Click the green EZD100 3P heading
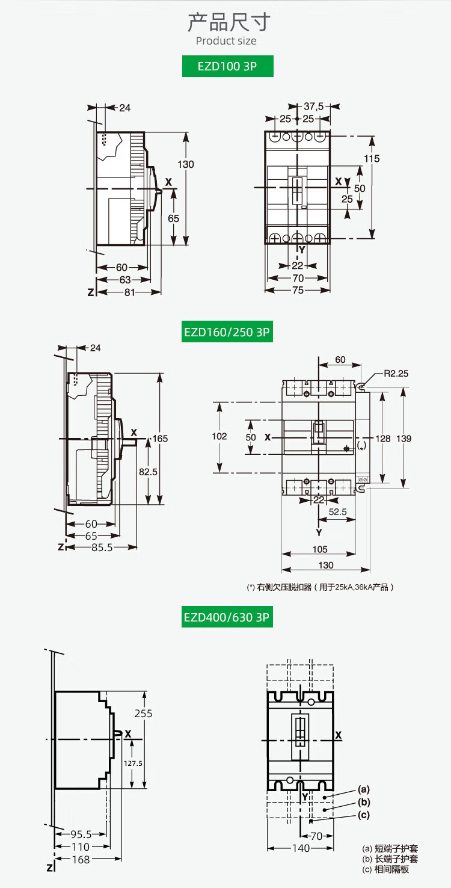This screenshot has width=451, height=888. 227,66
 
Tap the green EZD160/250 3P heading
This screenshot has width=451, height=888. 227,331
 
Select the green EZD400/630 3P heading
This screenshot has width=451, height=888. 227,617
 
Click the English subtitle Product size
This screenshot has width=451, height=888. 226,41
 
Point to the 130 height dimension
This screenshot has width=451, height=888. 185,164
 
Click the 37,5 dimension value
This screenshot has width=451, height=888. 313,106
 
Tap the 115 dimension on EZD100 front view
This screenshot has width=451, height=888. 372,159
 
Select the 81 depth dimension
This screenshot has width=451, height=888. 130,292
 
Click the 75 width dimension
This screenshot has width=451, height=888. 298,290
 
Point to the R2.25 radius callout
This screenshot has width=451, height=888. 396,374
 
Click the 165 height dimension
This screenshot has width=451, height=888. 160,439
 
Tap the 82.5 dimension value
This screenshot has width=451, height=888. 148,472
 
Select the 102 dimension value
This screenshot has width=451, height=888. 219,436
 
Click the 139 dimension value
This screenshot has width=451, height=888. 403,439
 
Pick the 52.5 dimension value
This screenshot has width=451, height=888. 338,512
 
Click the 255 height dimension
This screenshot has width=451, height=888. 143,713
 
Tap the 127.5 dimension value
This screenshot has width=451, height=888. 133,763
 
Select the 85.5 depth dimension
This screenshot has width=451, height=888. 102,547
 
